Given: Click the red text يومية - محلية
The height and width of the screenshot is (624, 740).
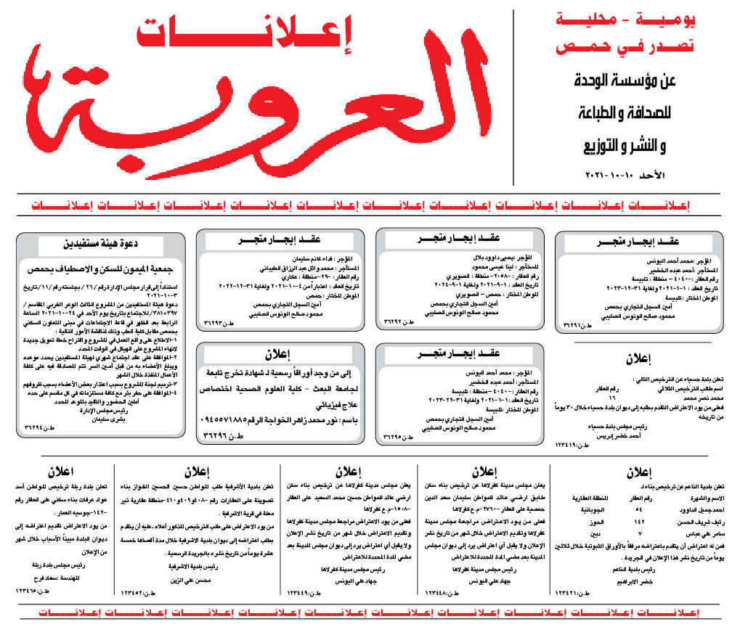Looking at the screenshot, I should [x=625, y=22].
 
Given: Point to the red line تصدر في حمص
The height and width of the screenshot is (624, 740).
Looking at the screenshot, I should [x=625, y=48].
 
